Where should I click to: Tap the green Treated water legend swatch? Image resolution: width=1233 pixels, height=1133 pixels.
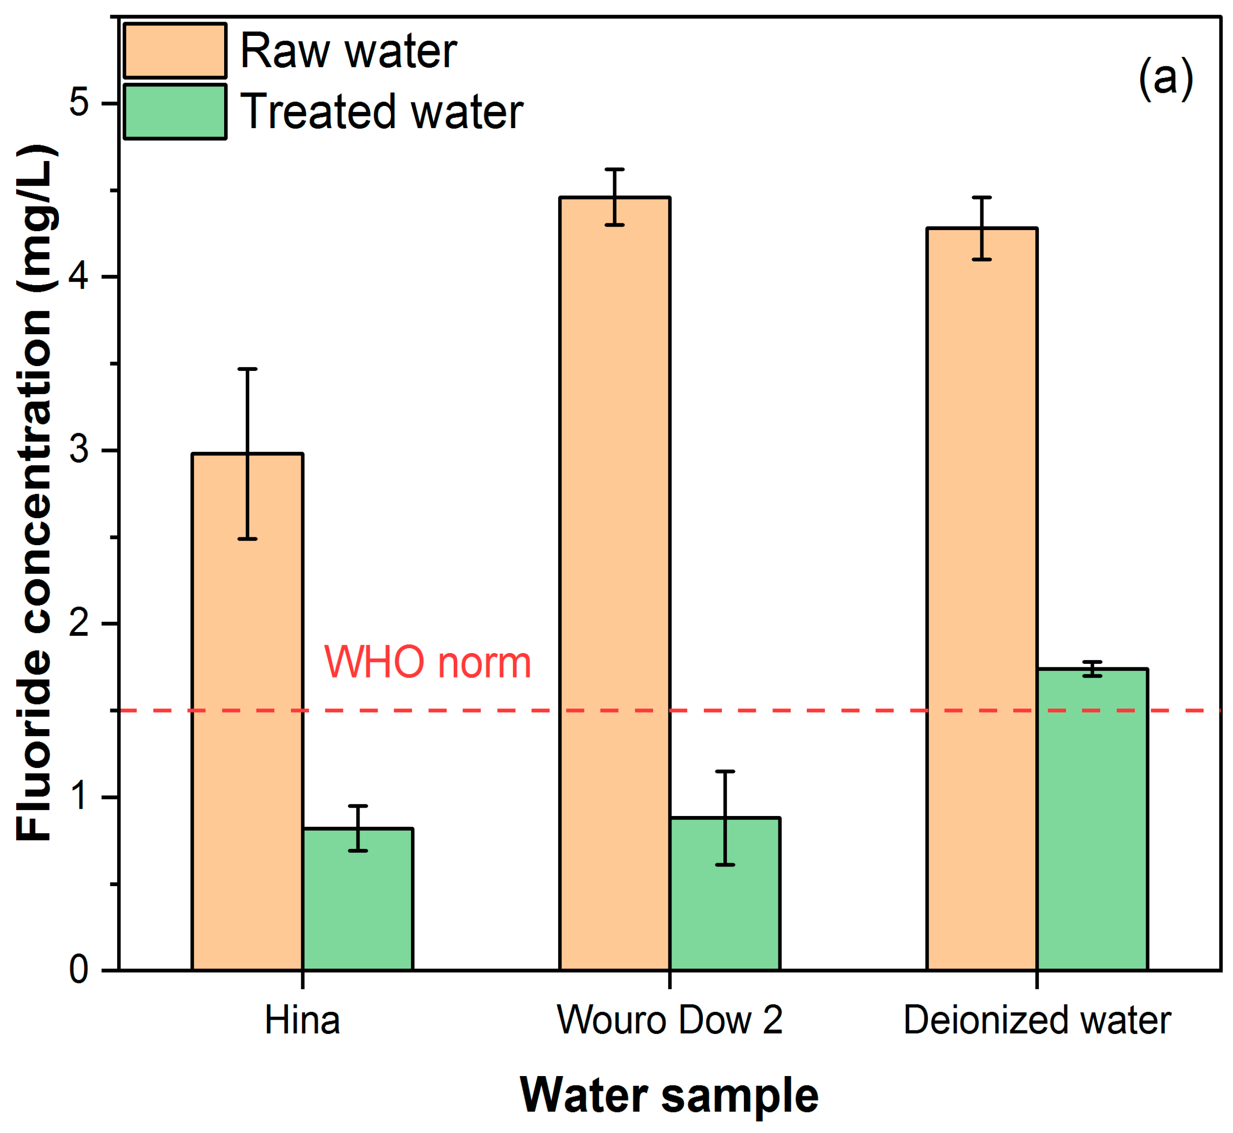[x=175, y=111]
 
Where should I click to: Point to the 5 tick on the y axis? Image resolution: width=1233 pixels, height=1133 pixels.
[x=79, y=103]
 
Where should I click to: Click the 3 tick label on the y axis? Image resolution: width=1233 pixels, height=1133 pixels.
[x=79, y=450]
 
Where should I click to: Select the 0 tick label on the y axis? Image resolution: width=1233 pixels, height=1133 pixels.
[x=79, y=970]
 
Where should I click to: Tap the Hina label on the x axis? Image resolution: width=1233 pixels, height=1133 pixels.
[x=302, y=1021]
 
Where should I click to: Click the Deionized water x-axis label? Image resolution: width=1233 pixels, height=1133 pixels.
[x=1037, y=1021]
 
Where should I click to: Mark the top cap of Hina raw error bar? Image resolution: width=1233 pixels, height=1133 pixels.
[x=247, y=369]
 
